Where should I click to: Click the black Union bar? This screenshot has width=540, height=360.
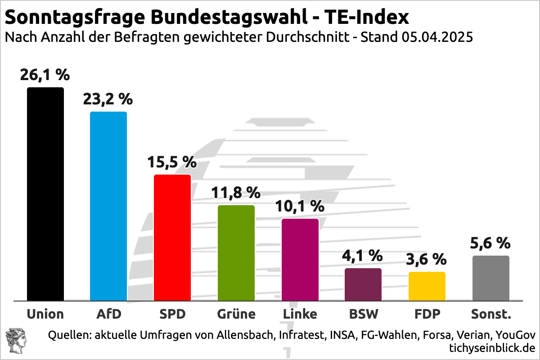45,193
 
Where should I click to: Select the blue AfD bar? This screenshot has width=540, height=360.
108,206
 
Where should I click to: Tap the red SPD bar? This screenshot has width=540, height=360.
172,237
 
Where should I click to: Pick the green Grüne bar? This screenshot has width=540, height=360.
236,252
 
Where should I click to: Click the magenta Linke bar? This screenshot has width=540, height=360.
300,259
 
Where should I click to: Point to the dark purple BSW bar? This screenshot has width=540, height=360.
363,284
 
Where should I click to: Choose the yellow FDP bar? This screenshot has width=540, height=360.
427,286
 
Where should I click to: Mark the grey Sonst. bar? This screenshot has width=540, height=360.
491,278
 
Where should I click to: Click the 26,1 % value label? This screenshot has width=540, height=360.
45,75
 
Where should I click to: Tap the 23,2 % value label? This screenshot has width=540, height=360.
108,99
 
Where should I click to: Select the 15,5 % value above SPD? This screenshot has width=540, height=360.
172,162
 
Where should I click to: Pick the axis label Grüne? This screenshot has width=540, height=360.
236,314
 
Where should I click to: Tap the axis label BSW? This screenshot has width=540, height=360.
363,314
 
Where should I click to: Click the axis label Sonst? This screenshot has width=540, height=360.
491,314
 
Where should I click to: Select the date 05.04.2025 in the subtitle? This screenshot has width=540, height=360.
435,37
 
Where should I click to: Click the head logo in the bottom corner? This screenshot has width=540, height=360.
16,340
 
